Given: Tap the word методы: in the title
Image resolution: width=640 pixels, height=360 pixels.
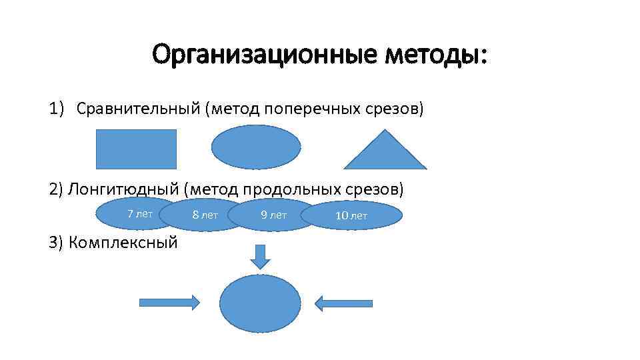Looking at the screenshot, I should pos(435,54).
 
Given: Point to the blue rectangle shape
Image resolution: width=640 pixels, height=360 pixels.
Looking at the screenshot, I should pos(137,149).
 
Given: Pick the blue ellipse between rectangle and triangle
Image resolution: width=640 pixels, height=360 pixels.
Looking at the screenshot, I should pos(256,147).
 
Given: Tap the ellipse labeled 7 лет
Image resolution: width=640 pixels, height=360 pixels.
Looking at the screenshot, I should pos(137,213).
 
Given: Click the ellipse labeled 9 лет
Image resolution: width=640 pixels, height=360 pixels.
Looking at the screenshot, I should pos(273,215).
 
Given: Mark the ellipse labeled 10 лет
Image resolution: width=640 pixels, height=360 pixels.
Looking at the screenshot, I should pos(351,215).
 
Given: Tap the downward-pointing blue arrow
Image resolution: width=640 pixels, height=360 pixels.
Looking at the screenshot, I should pos(260,257).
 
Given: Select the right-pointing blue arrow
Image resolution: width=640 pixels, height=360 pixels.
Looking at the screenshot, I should pos(169,303).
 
